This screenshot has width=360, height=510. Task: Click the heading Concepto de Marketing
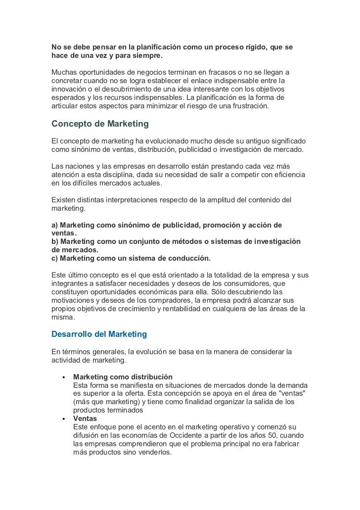pos(100,123)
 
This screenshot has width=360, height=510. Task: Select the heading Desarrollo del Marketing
pos(99,334)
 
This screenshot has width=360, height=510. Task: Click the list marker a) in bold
pos(55,225)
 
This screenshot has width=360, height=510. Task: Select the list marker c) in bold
pos(55,258)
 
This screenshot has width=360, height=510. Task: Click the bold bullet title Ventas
pos(86,418)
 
